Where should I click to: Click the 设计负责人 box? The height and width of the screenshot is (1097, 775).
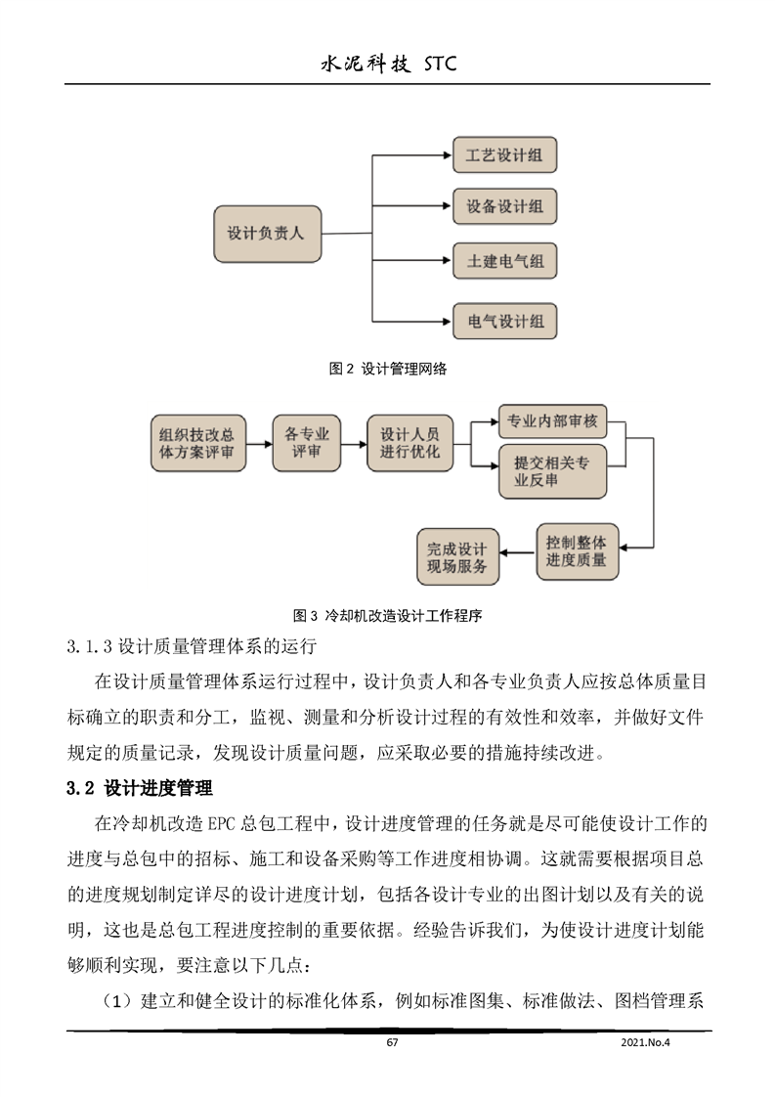(x=267, y=234)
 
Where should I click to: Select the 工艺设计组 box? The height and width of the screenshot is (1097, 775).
(x=504, y=154)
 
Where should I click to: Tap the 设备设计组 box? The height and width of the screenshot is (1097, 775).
(x=504, y=207)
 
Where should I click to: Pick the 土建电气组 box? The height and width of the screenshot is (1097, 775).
(x=504, y=262)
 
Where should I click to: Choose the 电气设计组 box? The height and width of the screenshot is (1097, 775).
(x=504, y=320)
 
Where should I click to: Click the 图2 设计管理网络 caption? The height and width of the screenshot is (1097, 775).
(x=388, y=369)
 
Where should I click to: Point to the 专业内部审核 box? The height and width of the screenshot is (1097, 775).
(x=553, y=422)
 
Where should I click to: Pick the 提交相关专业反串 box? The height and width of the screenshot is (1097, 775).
(x=553, y=470)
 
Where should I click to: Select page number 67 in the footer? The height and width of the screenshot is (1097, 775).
(x=392, y=1043)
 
